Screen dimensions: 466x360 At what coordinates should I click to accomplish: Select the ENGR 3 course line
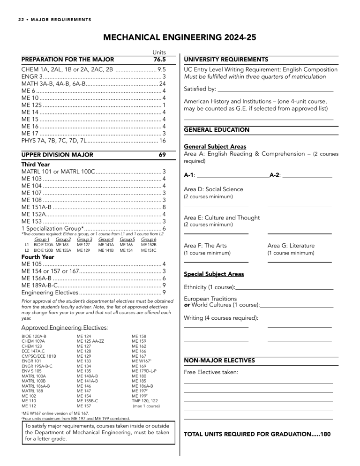point(32,76)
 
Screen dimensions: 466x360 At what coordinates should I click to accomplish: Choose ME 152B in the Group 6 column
point(149,245)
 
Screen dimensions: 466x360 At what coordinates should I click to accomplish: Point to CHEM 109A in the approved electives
point(33,342)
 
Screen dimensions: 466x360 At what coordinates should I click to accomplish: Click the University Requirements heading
point(226,60)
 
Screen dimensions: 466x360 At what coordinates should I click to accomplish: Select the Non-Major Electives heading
point(219,360)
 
